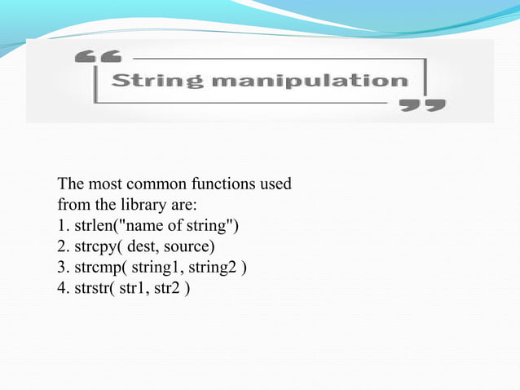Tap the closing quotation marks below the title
[421, 105]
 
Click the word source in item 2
[189, 246]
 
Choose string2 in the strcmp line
[212, 267]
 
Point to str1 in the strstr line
[133, 288]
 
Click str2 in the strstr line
[168, 288]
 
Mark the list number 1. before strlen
[64, 224]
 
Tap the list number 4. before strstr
[64, 288]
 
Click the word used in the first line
[275, 184]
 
